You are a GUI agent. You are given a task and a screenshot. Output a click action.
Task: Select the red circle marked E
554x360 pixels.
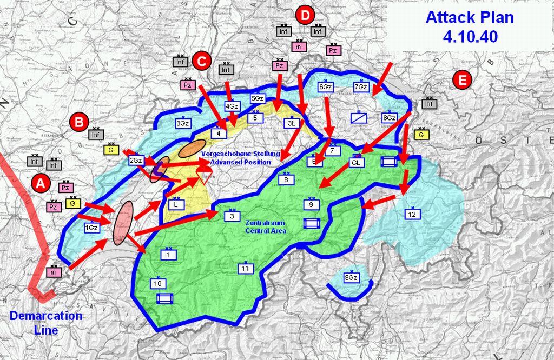[463, 80]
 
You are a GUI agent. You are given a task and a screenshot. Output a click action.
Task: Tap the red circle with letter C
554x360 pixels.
[201, 62]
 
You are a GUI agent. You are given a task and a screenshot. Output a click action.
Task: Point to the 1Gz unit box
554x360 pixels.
[91, 229]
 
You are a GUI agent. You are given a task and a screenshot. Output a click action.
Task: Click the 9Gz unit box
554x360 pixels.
[351, 278]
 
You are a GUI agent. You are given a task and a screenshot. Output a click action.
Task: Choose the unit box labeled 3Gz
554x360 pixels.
[183, 124]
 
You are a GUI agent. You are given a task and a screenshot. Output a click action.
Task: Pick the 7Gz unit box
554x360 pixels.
[361, 87]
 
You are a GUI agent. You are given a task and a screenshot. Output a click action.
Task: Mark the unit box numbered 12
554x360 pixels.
[412, 215]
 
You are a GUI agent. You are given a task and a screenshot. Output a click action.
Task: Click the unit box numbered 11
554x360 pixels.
[246, 269]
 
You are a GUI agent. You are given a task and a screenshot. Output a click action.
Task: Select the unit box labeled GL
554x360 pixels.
[356, 163]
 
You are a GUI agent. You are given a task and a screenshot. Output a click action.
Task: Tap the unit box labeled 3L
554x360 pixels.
[291, 123]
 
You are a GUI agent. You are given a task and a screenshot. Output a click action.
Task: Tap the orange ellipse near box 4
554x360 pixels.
[192, 149]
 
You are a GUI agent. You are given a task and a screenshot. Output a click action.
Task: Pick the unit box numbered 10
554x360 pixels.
[157, 284]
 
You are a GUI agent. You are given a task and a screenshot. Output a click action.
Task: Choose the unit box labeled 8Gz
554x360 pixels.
[389, 118]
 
